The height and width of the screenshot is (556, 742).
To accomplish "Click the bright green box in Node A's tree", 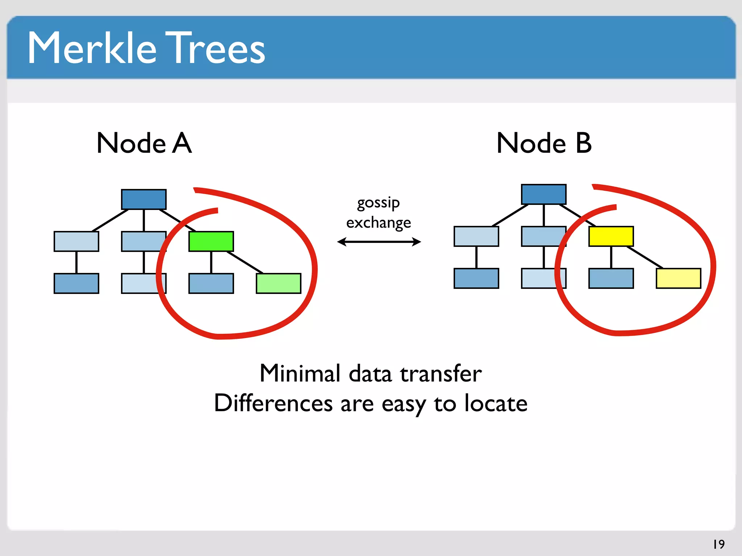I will [211, 241].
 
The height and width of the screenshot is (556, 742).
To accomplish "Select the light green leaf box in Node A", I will [278, 283].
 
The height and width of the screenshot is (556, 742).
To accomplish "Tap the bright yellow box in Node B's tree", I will [611, 236].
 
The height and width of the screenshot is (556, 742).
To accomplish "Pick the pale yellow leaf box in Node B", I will [678, 278].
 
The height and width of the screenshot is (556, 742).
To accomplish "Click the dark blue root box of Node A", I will [144, 199].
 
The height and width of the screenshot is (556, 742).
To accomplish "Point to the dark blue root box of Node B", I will [543, 194].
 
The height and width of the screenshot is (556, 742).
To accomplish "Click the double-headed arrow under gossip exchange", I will [379, 242].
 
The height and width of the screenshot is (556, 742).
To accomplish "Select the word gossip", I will [378, 203].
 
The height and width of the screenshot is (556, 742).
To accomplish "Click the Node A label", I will [144, 143].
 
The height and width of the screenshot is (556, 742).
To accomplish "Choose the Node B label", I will [544, 143].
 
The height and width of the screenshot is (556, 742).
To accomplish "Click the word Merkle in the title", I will [92, 48].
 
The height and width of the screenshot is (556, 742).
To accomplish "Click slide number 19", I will [718, 544].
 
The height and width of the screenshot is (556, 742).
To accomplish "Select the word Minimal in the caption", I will [300, 374].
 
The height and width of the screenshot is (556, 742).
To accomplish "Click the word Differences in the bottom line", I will [273, 403].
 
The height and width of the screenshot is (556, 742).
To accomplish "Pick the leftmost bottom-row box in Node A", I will [76, 283].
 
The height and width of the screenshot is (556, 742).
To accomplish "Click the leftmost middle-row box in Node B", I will [476, 236].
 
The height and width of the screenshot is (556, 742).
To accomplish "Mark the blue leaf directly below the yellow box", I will [611, 278].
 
